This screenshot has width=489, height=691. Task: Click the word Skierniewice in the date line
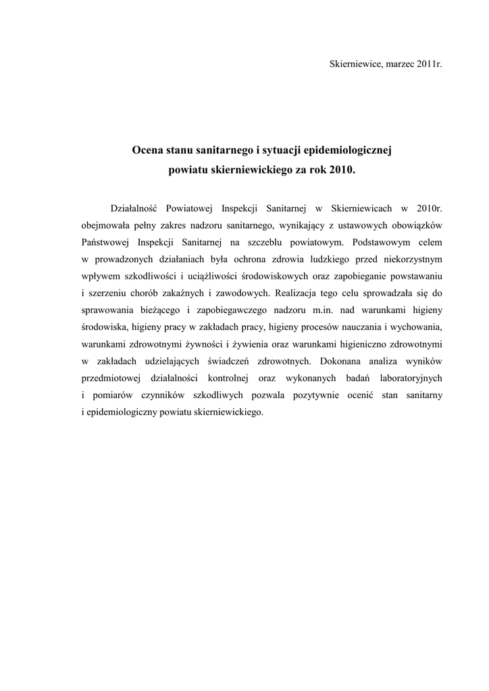tap(353, 64)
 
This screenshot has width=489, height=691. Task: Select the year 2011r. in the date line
tap(428, 64)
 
